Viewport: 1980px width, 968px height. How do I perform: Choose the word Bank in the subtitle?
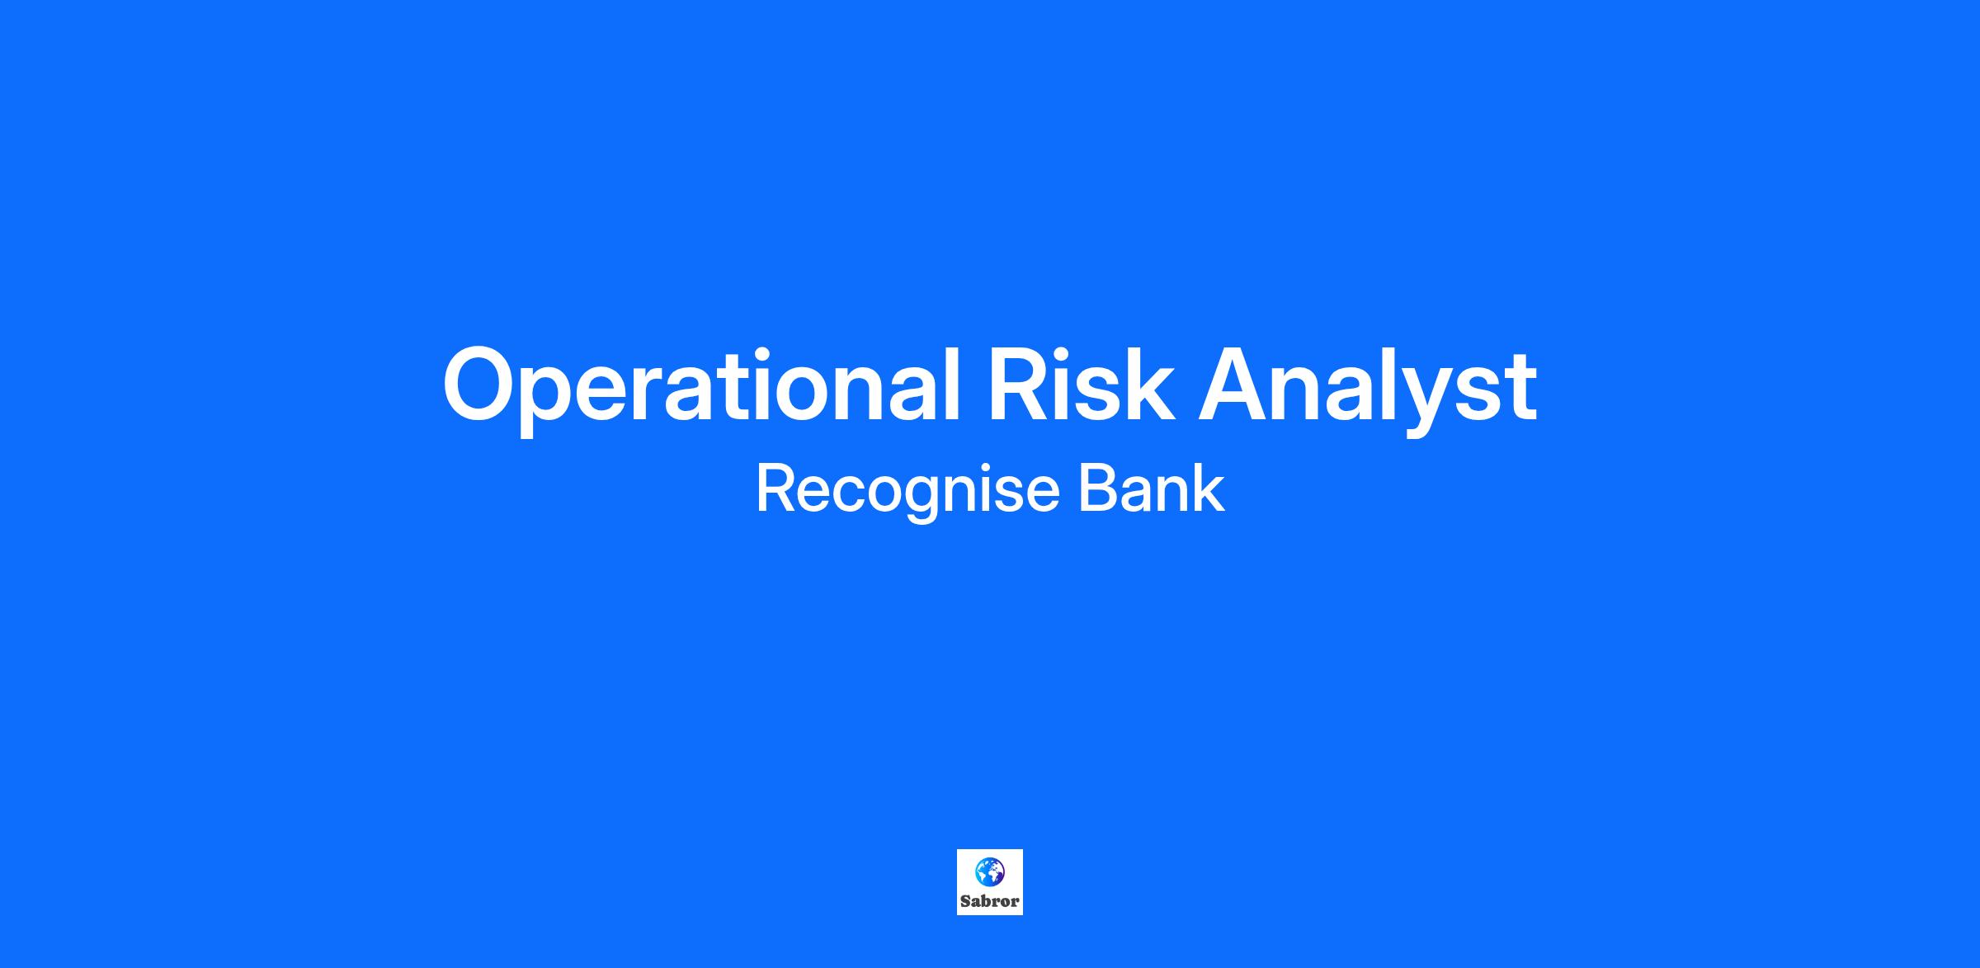click(1152, 489)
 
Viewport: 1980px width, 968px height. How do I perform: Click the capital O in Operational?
click(481, 385)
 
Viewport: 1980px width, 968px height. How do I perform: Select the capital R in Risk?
click(1023, 385)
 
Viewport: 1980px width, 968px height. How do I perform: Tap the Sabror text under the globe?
click(990, 902)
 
